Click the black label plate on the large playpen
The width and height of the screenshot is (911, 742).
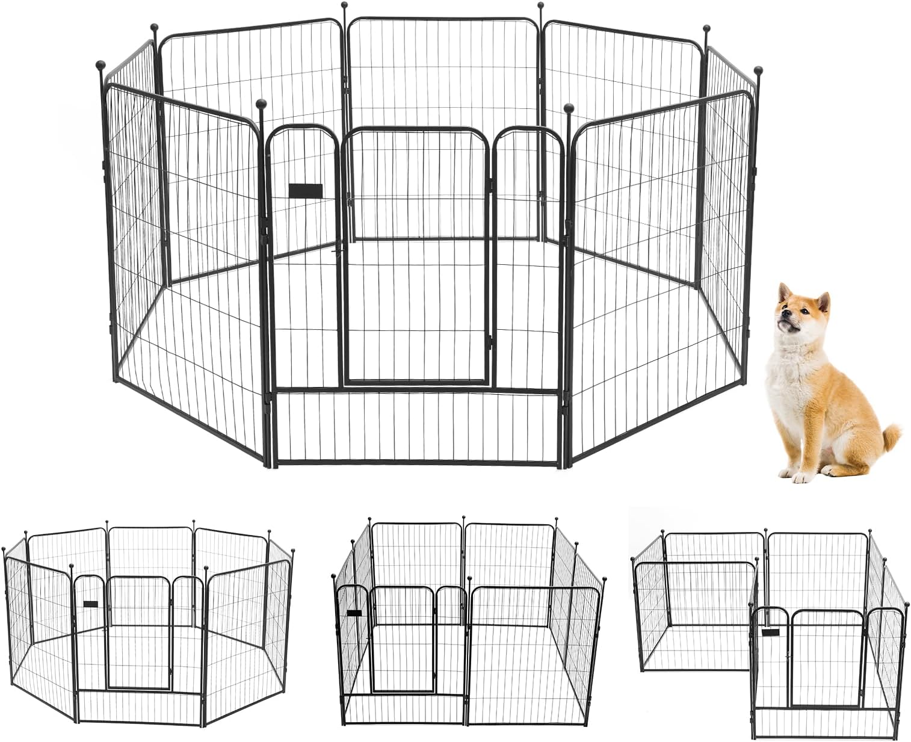coord(305,191)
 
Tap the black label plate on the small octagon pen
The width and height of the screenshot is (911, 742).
coord(90,604)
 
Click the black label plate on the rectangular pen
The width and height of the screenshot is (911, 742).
coord(354,613)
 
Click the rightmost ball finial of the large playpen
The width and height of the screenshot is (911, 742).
coord(758,70)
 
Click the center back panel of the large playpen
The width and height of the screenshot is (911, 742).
coord(443,120)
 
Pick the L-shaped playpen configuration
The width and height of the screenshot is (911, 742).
coord(770,626)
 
